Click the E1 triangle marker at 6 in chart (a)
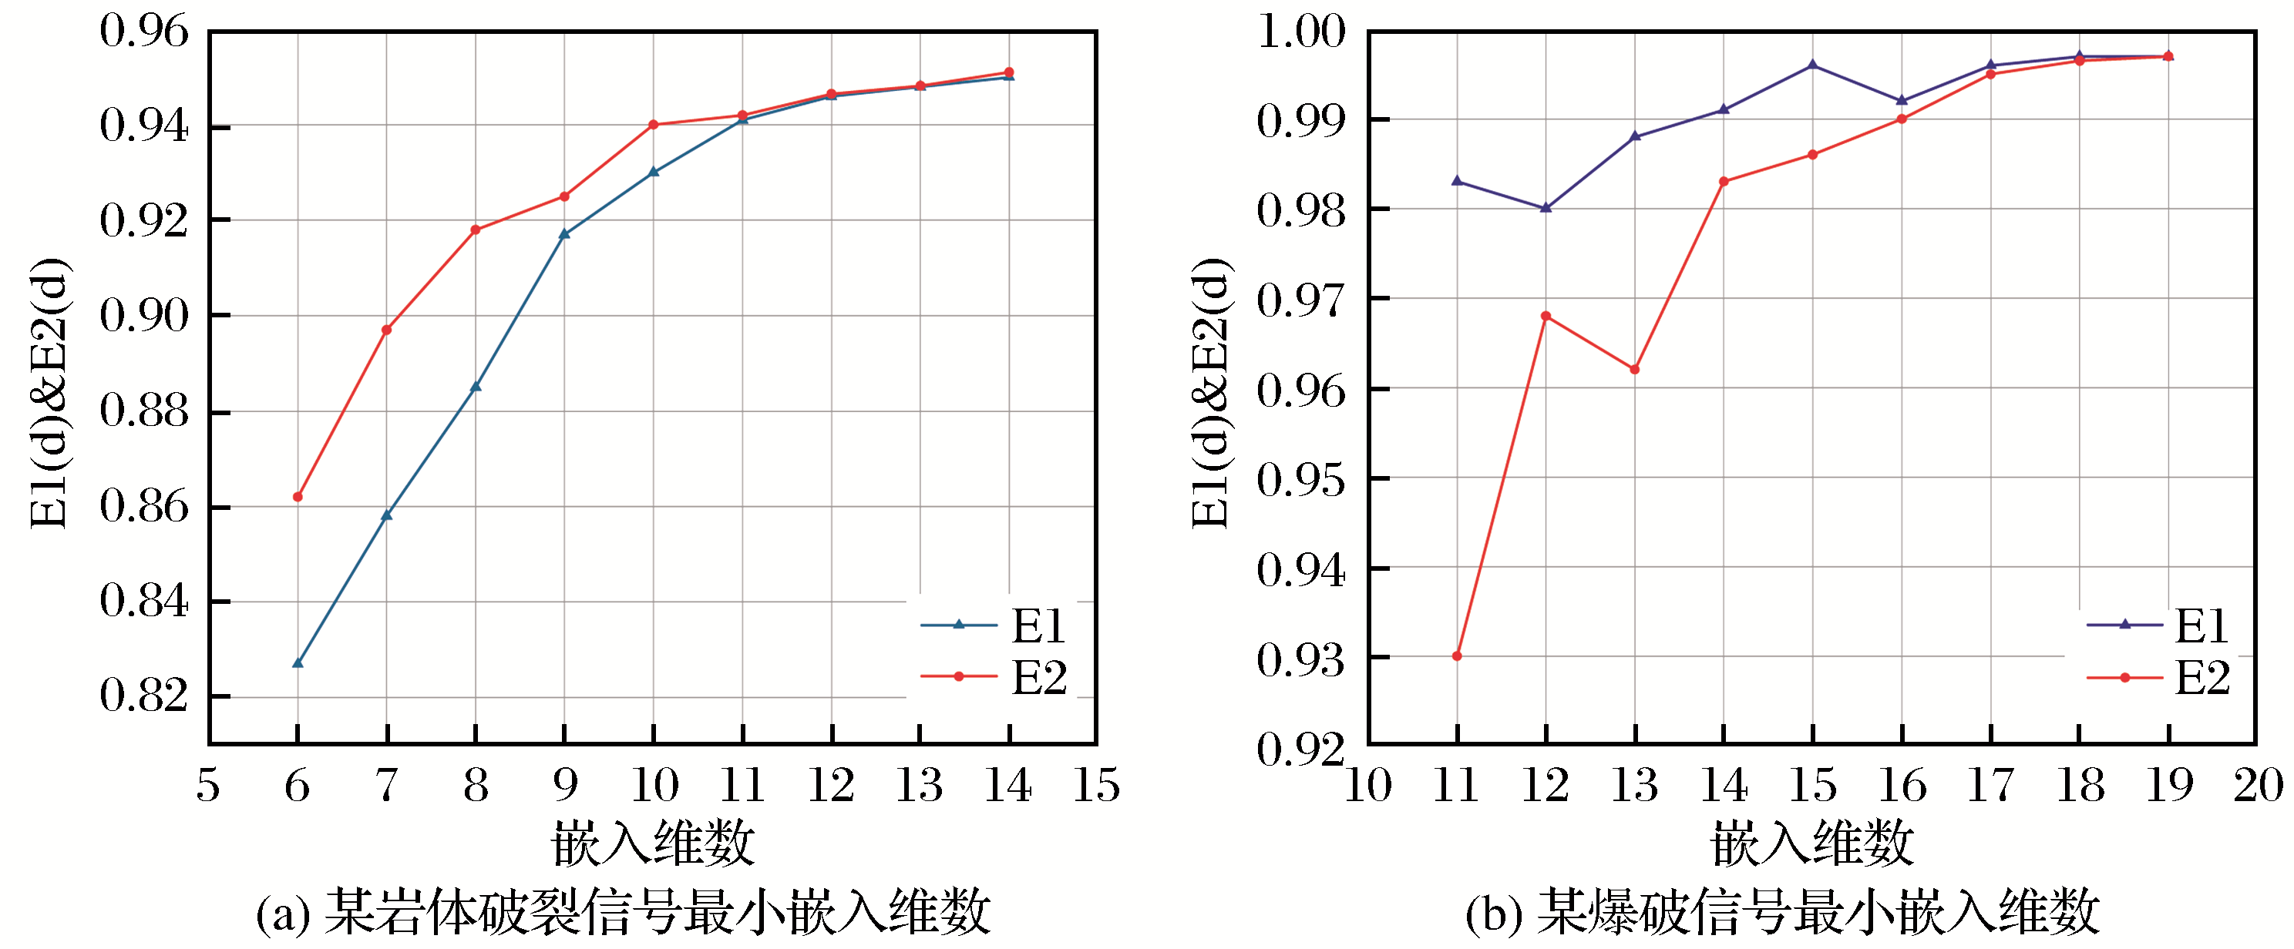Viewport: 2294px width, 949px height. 298,662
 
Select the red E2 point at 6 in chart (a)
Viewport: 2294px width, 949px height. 298,497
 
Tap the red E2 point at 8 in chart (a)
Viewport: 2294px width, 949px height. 476,230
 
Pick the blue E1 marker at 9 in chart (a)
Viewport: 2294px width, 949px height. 564,234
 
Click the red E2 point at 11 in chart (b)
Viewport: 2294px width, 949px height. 1457,656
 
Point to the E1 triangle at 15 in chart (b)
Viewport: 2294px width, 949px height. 1813,65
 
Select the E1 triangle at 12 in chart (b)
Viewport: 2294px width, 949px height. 1546,207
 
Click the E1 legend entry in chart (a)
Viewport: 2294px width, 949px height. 994,625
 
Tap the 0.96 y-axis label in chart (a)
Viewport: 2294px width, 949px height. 144,32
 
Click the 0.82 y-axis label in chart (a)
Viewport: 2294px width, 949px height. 144,696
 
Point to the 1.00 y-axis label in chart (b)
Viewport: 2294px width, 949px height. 1301,32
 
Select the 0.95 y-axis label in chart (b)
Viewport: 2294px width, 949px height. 1301,480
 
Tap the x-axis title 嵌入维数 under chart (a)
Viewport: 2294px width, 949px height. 653,843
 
